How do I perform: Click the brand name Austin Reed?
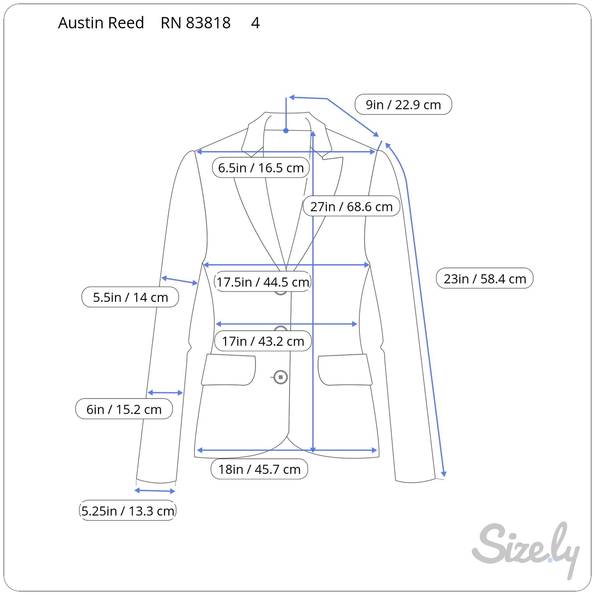coord(101,23)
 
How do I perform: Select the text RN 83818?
coord(196,23)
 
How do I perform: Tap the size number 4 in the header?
coord(255,23)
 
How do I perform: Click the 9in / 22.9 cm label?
coord(403,105)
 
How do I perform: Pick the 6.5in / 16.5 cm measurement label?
coord(261,168)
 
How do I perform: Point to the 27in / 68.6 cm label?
coord(351,206)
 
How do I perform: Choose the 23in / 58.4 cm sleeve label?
coord(485,279)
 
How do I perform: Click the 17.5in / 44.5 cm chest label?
coord(263,282)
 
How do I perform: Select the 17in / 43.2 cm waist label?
coord(263,341)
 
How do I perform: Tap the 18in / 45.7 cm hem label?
coord(259,469)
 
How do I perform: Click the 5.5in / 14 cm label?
coord(130,297)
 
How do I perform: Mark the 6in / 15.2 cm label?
coord(124,409)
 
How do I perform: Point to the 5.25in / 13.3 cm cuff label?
coord(127,511)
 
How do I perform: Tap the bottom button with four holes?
coord(280,377)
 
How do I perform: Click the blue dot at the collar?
coord(286,131)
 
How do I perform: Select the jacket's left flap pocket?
coord(229,370)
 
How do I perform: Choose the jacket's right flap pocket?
coord(345,370)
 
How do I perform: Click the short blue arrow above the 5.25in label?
coord(155,490)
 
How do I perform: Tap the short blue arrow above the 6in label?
coord(165,393)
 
